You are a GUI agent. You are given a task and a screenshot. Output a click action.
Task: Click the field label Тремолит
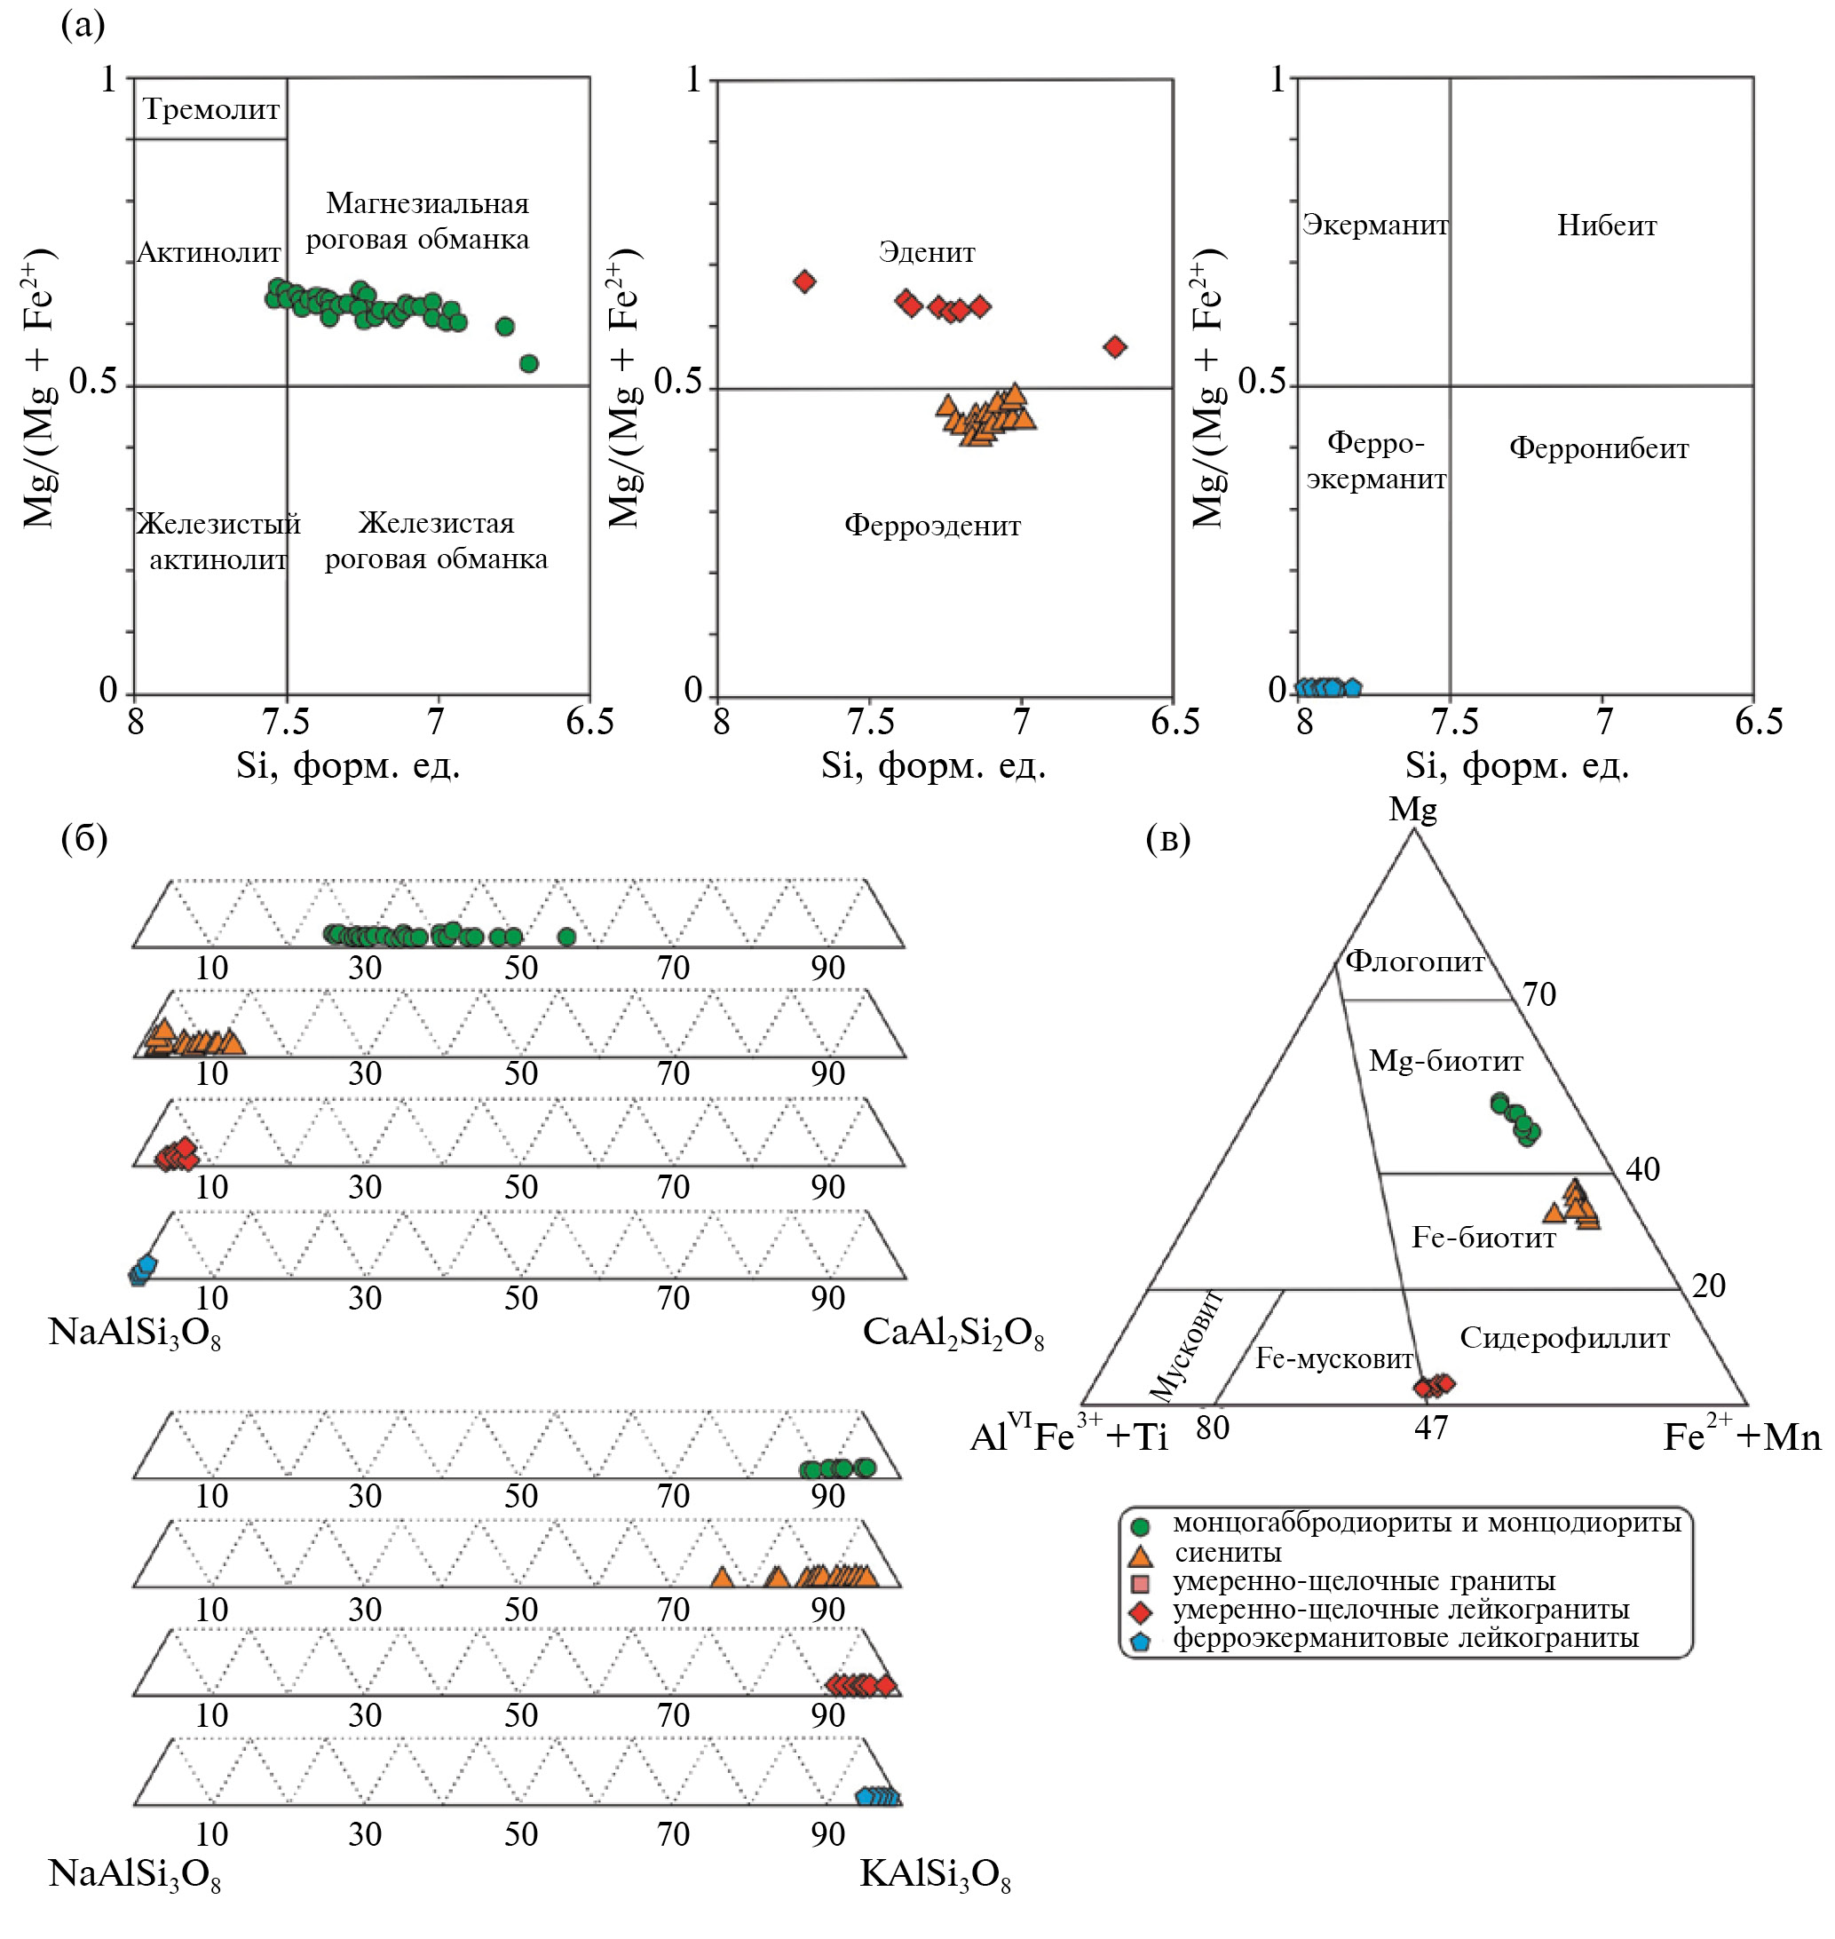tap(211, 109)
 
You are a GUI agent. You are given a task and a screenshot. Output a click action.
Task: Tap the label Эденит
tap(926, 252)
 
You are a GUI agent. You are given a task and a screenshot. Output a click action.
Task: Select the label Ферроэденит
tap(932, 526)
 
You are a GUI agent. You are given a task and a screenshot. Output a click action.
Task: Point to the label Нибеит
tap(1606, 226)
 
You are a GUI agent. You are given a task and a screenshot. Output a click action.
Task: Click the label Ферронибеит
tap(1598, 448)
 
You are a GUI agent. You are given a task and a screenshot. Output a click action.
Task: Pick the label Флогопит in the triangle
tap(1414, 962)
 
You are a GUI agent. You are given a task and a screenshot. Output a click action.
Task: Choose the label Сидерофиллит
tap(1564, 1338)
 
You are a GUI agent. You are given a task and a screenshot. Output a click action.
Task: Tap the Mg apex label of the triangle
tap(1412, 810)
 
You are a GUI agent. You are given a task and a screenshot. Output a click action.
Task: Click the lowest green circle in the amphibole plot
tap(528, 364)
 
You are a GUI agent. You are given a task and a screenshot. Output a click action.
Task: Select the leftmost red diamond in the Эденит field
tap(804, 281)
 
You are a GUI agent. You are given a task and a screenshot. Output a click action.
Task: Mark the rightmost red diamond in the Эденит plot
tap(1114, 346)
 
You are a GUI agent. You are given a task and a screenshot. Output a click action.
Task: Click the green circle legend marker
tap(1140, 1526)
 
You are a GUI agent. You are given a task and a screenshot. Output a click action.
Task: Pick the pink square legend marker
tap(1140, 1584)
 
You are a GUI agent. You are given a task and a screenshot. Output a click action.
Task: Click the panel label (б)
tap(84, 838)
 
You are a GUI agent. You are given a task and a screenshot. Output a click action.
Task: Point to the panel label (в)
tap(1168, 838)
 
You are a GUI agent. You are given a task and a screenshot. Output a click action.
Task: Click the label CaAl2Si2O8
tap(953, 1334)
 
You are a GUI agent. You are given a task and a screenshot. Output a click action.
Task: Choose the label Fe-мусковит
tap(1333, 1359)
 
